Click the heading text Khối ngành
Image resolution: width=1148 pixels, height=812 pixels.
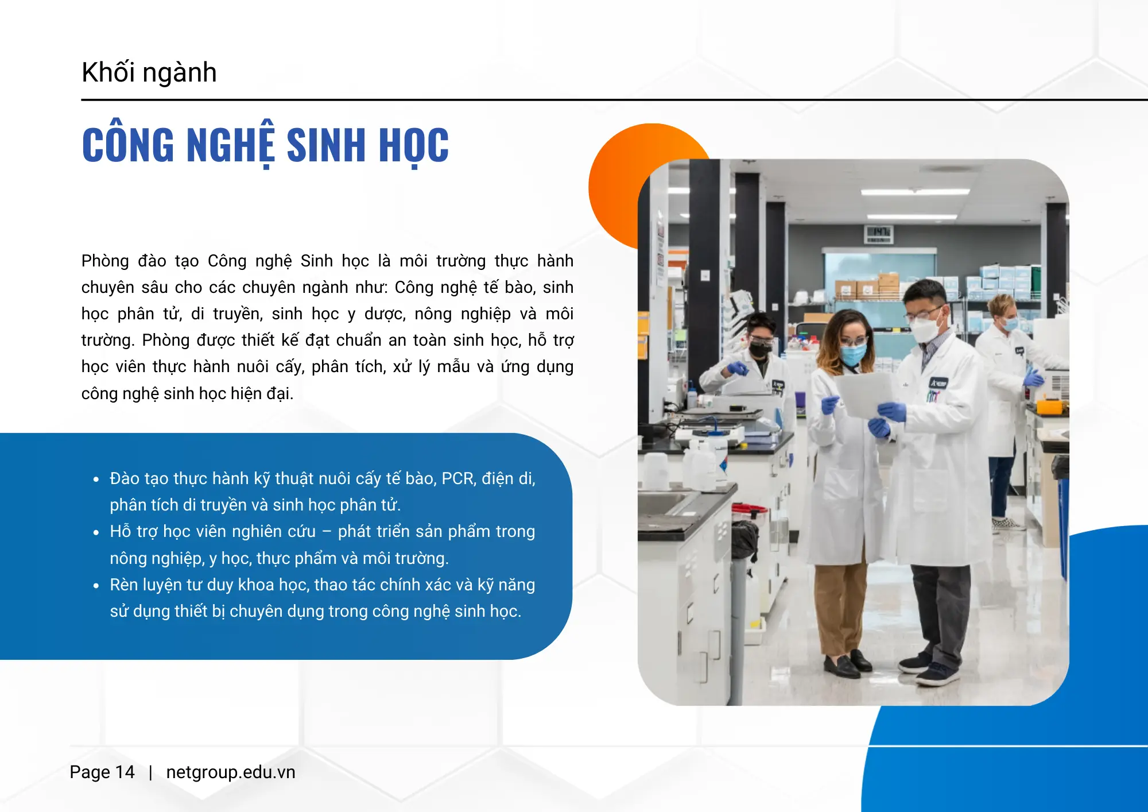pyautogui.click(x=149, y=73)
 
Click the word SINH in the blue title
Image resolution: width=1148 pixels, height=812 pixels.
pyautogui.click(x=325, y=145)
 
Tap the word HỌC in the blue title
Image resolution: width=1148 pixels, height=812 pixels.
pyautogui.click(x=413, y=146)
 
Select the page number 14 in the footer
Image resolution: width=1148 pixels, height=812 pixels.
pyautogui.click(x=125, y=772)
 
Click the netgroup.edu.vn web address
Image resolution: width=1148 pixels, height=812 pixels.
pyautogui.click(x=230, y=772)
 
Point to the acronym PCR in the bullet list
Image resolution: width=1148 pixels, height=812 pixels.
pyautogui.click(x=457, y=478)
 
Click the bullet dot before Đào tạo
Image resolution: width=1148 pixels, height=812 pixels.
pyautogui.click(x=96, y=479)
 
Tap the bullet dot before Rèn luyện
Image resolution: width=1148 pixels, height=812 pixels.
pyautogui.click(x=96, y=586)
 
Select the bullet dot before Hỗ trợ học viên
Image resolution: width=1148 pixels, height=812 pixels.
pyautogui.click(x=96, y=532)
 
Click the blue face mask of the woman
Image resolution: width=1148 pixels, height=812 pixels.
pyautogui.click(x=853, y=354)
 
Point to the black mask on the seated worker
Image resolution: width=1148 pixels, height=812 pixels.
pyautogui.click(x=761, y=348)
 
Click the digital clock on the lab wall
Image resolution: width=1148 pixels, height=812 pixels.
pyautogui.click(x=879, y=232)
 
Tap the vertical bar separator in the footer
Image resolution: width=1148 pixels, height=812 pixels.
pyautogui.click(x=150, y=772)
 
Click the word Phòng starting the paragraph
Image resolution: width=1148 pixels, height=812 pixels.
pyautogui.click(x=105, y=261)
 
